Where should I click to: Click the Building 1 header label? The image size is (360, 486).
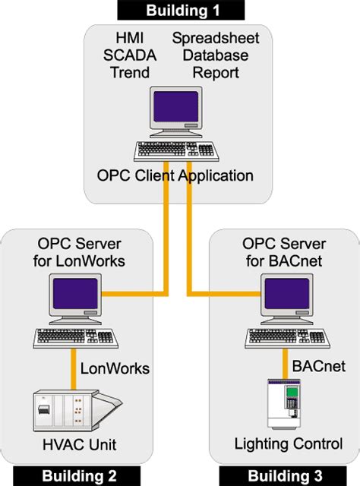tap(180, 10)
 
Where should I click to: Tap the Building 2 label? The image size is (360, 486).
tap(79, 476)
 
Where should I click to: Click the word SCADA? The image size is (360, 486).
tap(128, 55)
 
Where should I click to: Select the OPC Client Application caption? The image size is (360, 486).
tap(175, 176)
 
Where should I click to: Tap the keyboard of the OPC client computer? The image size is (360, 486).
tap(175, 150)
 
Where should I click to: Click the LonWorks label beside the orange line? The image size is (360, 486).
tap(115, 368)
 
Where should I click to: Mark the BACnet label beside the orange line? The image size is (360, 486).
tap(318, 366)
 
